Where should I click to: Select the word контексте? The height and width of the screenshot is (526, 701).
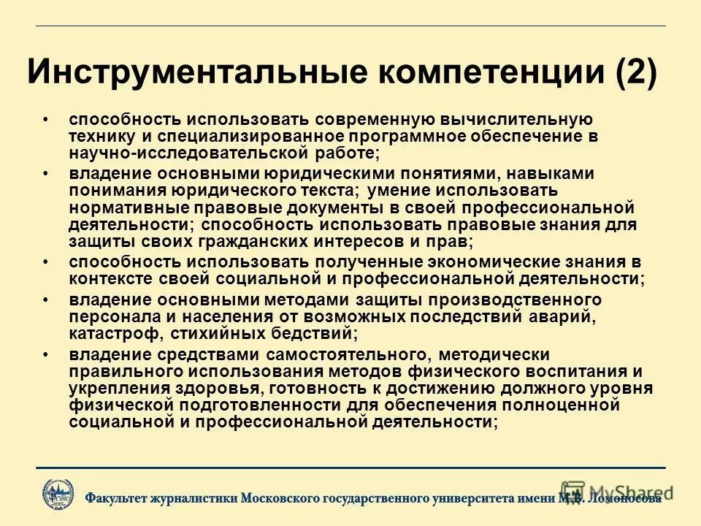tap(107, 279)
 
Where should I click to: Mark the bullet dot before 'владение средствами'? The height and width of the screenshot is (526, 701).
tap(45, 354)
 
